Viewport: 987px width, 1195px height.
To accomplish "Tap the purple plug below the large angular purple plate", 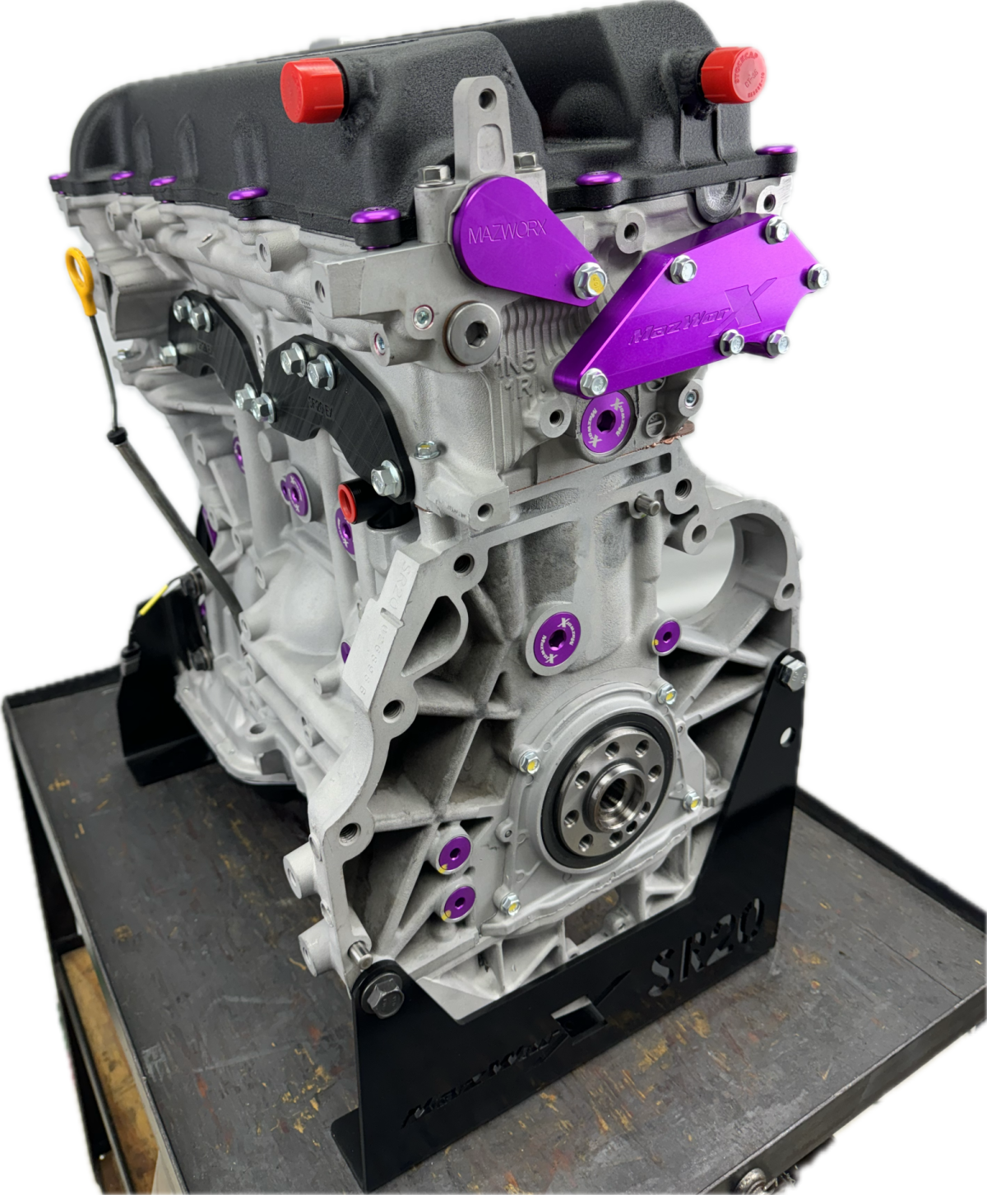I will pos(602,417).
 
